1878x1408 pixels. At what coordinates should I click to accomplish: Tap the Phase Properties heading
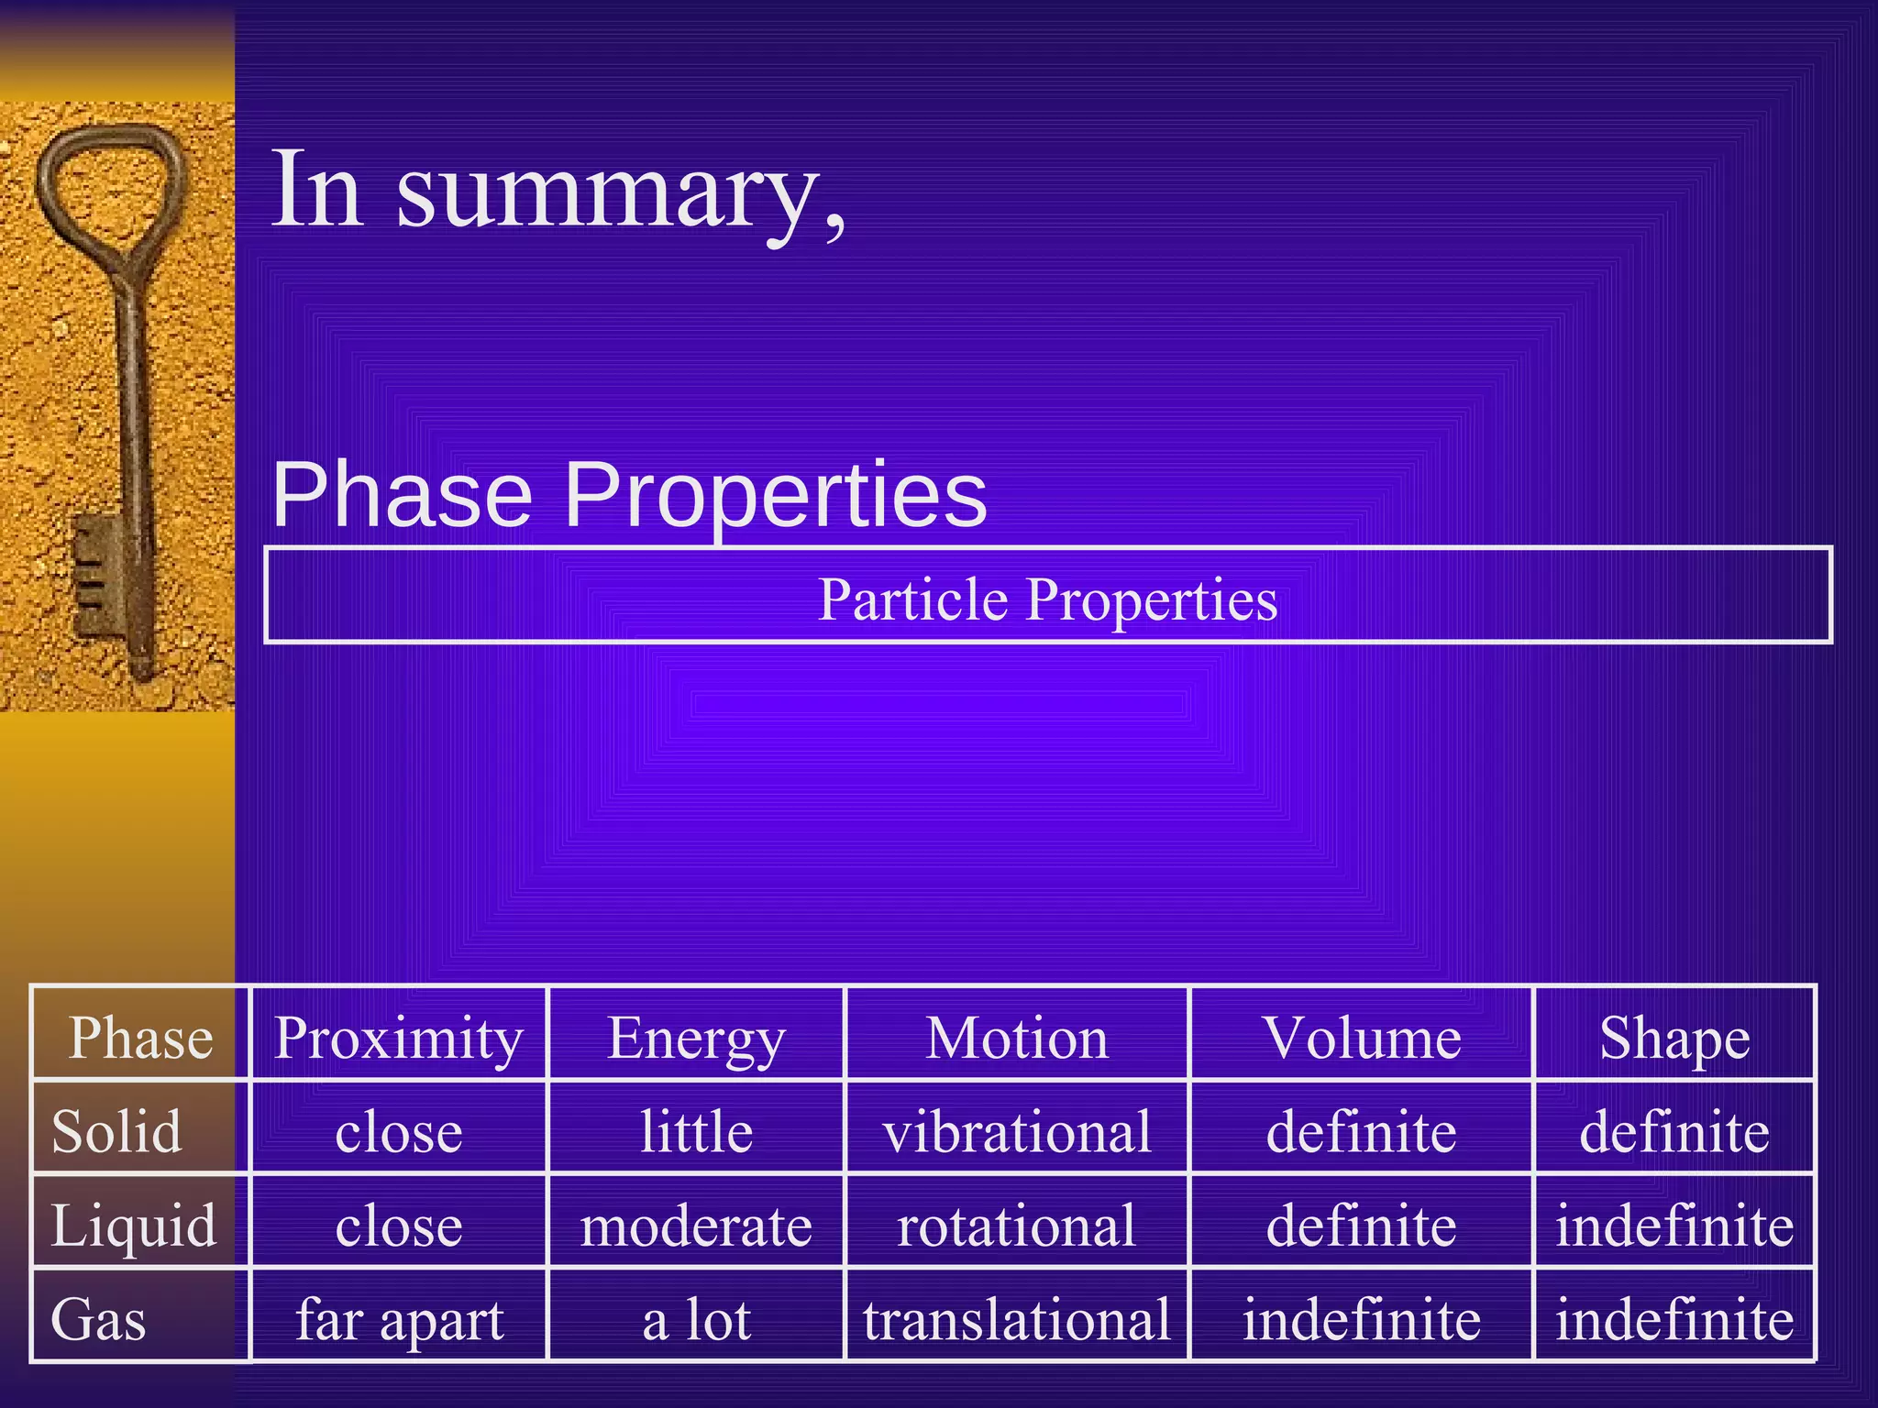629,495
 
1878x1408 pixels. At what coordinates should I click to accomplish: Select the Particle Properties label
1047,599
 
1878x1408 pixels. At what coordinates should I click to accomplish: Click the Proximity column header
398,1038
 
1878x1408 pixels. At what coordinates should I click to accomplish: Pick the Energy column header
696,1039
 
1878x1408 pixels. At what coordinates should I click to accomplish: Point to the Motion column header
1017,1038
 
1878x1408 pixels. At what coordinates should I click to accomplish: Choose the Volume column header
1361,1038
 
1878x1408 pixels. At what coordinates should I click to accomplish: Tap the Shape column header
1674,1039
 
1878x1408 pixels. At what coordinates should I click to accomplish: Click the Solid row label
117,1131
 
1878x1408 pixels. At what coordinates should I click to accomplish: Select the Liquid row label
134,1226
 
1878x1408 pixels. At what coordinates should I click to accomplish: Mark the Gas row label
99,1320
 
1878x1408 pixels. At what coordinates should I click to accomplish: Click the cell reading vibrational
1017,1131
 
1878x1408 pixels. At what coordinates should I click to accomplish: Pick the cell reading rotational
1017,1226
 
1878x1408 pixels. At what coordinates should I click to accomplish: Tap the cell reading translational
1017,1320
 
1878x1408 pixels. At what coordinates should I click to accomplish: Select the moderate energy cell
696,1226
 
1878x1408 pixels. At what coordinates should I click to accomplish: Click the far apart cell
399,1320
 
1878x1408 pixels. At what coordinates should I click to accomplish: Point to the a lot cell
696,1320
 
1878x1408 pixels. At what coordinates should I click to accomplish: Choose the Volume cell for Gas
1361,1320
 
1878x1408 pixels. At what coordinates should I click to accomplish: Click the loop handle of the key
110,183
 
